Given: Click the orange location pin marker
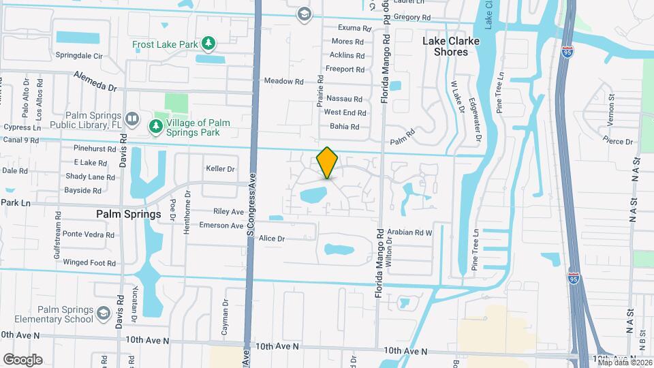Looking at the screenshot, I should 328,162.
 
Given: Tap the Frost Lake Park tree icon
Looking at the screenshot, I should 209,44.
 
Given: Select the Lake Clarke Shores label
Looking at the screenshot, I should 450,46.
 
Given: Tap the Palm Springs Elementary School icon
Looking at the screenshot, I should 104,313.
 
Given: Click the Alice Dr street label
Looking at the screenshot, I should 271,239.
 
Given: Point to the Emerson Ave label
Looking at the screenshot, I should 221,226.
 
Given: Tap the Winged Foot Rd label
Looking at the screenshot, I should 89,262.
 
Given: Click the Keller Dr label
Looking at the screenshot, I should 220,169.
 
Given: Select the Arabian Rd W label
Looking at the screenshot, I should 410,232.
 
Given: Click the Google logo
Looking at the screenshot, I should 22,360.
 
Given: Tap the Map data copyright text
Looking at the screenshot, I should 624,362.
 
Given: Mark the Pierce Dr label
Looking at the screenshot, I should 619,142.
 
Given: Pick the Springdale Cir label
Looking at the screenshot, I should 78,55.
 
